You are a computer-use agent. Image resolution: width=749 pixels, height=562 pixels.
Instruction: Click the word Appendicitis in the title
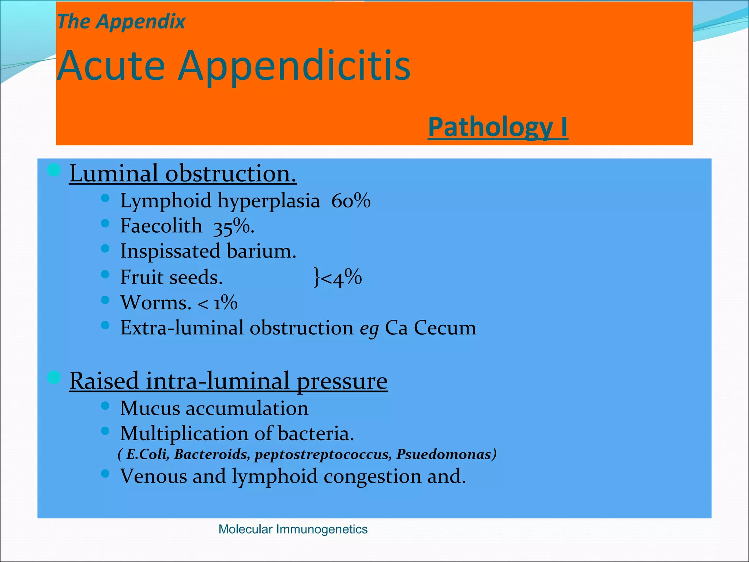(294, 66)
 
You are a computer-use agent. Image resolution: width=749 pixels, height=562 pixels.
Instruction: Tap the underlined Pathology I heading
(498, 127)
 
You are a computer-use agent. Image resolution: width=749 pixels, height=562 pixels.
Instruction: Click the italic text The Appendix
(121, 21)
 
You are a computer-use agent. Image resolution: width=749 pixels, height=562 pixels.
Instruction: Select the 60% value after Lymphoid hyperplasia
(351, 201)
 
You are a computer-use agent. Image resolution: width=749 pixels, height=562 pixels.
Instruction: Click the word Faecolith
(161, 226)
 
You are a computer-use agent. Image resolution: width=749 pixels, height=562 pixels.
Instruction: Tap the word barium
(261, 251)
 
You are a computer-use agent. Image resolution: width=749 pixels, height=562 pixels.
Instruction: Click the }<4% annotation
(338, 277)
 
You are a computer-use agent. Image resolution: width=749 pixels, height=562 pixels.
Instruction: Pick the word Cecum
(445, 328)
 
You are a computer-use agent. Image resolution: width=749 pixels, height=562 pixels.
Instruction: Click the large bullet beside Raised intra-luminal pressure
(54, 378)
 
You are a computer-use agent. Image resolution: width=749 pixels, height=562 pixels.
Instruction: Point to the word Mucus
(150, 408)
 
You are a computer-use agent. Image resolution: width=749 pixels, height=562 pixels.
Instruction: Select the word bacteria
(316, 434)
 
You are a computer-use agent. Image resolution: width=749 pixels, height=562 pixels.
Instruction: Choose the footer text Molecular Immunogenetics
(293, 529)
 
